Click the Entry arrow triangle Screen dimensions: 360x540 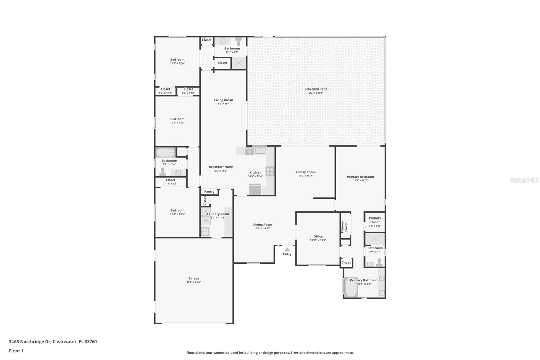coord(287,249)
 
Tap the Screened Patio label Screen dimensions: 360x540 coord(316,89)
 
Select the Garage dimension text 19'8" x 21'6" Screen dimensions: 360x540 coord(194,282)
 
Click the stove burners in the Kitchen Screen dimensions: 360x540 coord(270,171)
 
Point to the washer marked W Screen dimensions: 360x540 coord(206,221)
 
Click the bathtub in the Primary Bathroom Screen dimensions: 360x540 coord(351,287)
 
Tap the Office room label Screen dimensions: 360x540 coord(318,236)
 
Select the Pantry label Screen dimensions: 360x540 coord(209,192)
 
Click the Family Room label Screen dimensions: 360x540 coord(305,172)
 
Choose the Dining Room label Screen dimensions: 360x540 coord(262,225)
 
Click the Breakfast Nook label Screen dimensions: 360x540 coord(221,167)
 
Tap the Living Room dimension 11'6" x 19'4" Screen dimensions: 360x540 coord(223,104)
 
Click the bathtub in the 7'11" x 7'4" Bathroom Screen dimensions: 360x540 coord(165,153)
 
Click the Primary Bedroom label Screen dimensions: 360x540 coord(360,177)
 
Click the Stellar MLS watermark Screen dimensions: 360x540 coord(524,180)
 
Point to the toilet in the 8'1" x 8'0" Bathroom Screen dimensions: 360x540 coord(238,42)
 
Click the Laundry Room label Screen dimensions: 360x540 coord(218,214)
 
